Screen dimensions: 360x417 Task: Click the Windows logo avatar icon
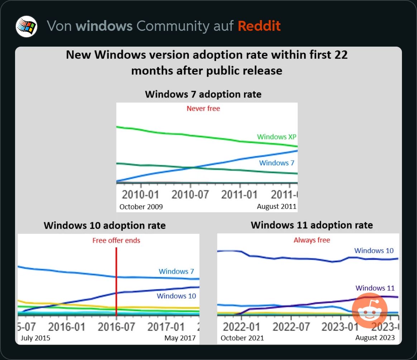coord(27,27)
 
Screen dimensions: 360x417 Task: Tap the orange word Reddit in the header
coord(259,26)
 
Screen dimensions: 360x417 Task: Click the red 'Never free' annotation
coord(203,108)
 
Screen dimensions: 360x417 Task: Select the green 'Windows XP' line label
coord(277,137)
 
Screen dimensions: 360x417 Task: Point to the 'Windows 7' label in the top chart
coord(277,163)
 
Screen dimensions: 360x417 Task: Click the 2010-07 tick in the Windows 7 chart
coord(190,195)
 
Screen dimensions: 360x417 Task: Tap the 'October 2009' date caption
coord(141,207)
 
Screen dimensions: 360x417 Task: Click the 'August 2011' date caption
coord(277,206)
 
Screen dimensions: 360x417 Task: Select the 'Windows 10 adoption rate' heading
coord(105,226)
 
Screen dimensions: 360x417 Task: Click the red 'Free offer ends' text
coord(116,241)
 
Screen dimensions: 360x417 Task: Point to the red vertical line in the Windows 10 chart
coord(116,280)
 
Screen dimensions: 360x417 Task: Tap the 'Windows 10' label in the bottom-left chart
coord(176,296)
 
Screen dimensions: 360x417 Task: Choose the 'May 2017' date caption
coord(180,338)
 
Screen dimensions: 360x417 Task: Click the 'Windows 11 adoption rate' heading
coord(312,225)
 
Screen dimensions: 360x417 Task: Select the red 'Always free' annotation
coord(312,240)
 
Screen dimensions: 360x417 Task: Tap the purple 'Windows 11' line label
coord(375,288)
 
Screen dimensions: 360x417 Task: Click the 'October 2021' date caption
coord(242,338)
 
